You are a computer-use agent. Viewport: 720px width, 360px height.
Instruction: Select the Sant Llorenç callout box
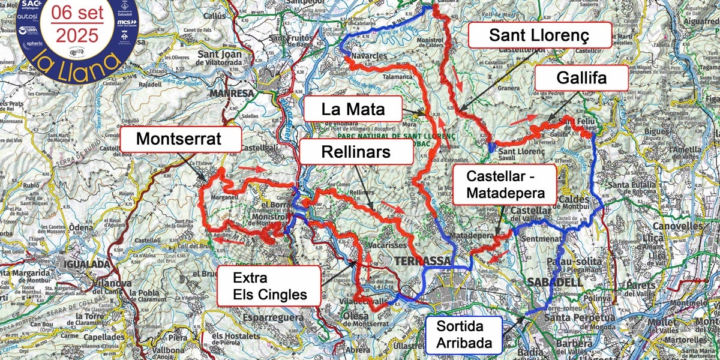[x=539, y=35]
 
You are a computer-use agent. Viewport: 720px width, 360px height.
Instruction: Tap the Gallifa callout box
[x=581, y=78]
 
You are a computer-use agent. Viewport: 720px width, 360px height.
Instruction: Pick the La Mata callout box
[x=352, y=110]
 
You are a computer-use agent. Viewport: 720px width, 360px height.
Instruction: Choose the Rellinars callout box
[x=356, y=152]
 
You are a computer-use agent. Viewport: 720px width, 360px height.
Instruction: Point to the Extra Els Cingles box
[x=269, y=286]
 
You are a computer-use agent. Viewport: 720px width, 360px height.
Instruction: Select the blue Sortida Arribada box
[x=463, y=334]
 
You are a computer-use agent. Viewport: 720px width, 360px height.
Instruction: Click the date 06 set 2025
[x=76, y=25]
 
